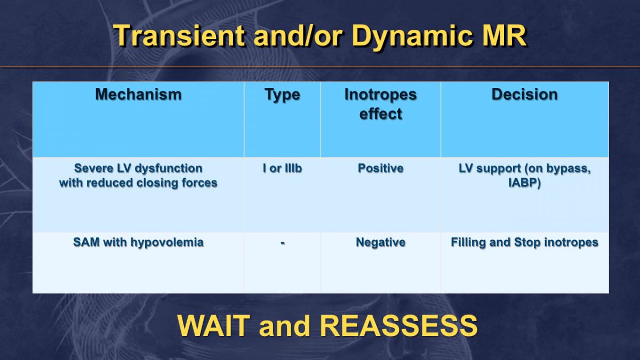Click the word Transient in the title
pyautogui.click(x=179, y=35)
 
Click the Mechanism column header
pyautogui.click(x=138, y=94)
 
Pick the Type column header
pyautogui.click(x=282, y=95)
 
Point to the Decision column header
pyautogui.click(x=525, y=94)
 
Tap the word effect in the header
pyautogui.click(x=381, y=114)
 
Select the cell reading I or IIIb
pyautogui.click(x=282, y=169)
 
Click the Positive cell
pyautogui.click(x=381, y=169)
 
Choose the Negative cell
pyautogui.click(x=381, y=242)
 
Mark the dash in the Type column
pyautogui.click(x=283, y=243)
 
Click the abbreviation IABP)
pyautogui.click(x=525, y=183)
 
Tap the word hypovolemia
pyautogui.click(x=167, y=242)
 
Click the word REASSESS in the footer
pyautogui.click(x=399, y=326)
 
